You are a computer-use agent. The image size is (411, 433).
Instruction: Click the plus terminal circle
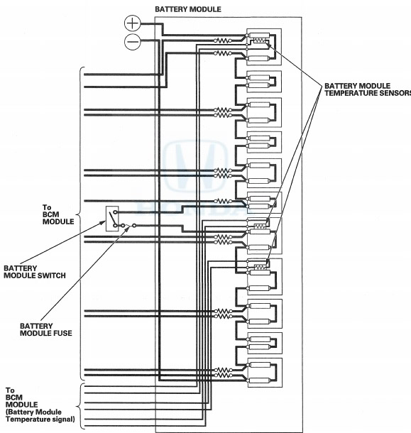point(132,23)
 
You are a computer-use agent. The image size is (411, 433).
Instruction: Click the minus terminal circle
point(133,42)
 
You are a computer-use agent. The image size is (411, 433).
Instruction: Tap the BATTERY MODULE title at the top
point(188,9)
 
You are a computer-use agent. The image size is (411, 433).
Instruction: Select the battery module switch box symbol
point(112,219)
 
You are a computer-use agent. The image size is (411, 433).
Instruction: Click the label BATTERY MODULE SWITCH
point(35,272)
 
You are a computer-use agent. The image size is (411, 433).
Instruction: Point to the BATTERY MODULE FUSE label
point(46,330)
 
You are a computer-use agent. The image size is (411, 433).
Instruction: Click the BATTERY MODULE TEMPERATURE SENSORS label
point(368,89)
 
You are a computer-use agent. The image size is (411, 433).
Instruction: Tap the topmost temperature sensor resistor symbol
point(259,40)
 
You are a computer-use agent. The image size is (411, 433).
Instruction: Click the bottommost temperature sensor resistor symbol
point(260,267)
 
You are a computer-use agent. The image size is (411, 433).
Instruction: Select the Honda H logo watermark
point(195,166)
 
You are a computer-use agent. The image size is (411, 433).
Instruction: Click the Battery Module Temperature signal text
point(40,415)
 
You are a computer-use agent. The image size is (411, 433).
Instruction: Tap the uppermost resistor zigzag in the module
point(223,40)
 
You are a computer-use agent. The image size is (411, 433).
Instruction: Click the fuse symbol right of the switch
point(128,226)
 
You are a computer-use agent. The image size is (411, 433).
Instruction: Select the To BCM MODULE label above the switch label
point(58,214)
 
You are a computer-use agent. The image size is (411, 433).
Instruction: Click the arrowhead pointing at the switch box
point(104,222)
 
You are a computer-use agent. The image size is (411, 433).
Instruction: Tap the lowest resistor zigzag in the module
point(223,376)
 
